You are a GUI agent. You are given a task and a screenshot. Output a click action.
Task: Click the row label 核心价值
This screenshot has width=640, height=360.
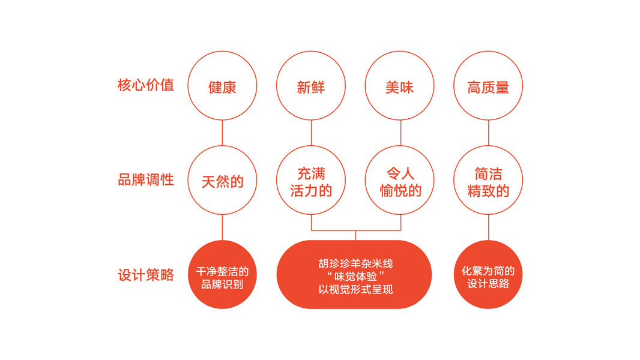(x=146, y=85)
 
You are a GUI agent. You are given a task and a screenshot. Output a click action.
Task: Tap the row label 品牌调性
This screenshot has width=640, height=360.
(x=146, y=179)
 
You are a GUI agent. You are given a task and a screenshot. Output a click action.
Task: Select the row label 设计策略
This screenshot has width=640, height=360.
(x=146, y=275)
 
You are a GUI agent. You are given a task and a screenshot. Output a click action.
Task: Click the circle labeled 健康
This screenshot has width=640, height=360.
(x=222, y=86)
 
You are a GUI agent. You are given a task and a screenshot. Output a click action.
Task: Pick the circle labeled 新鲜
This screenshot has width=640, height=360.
(x=311, y=86)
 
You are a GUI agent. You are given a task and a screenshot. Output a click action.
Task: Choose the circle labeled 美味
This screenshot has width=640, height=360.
(x=400, y=86)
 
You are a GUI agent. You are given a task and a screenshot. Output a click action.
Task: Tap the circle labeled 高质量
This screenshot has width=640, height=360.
(x=488, y=86)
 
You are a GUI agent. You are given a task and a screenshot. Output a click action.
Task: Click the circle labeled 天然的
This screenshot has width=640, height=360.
(x=222, y=180)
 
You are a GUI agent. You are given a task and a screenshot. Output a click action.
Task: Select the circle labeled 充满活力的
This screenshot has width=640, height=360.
(x=311, y=180)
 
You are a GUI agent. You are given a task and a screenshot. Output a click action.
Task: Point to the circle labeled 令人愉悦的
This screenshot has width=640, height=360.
(x=400, y=180)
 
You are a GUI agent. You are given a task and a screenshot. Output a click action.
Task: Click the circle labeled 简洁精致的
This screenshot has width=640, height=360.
(x=488, y=180)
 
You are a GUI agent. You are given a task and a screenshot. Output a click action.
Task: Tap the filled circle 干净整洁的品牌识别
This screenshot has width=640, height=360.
(x=222, y=275)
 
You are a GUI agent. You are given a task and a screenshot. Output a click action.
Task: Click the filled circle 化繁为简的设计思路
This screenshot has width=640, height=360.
(x=488, y=275)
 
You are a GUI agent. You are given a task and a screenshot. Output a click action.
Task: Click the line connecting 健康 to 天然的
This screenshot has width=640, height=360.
(x=222, y=133)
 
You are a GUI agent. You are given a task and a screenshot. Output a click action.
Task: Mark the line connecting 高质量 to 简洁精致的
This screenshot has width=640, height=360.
(x=488, y=133)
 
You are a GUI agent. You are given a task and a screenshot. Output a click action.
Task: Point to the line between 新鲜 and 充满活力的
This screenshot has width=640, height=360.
(x=311, y=133)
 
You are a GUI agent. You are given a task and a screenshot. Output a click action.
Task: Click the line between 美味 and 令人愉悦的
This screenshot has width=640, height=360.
(x=400, y=133)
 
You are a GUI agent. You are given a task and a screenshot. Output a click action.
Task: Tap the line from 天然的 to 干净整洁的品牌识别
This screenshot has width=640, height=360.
(x=222, y=227)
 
